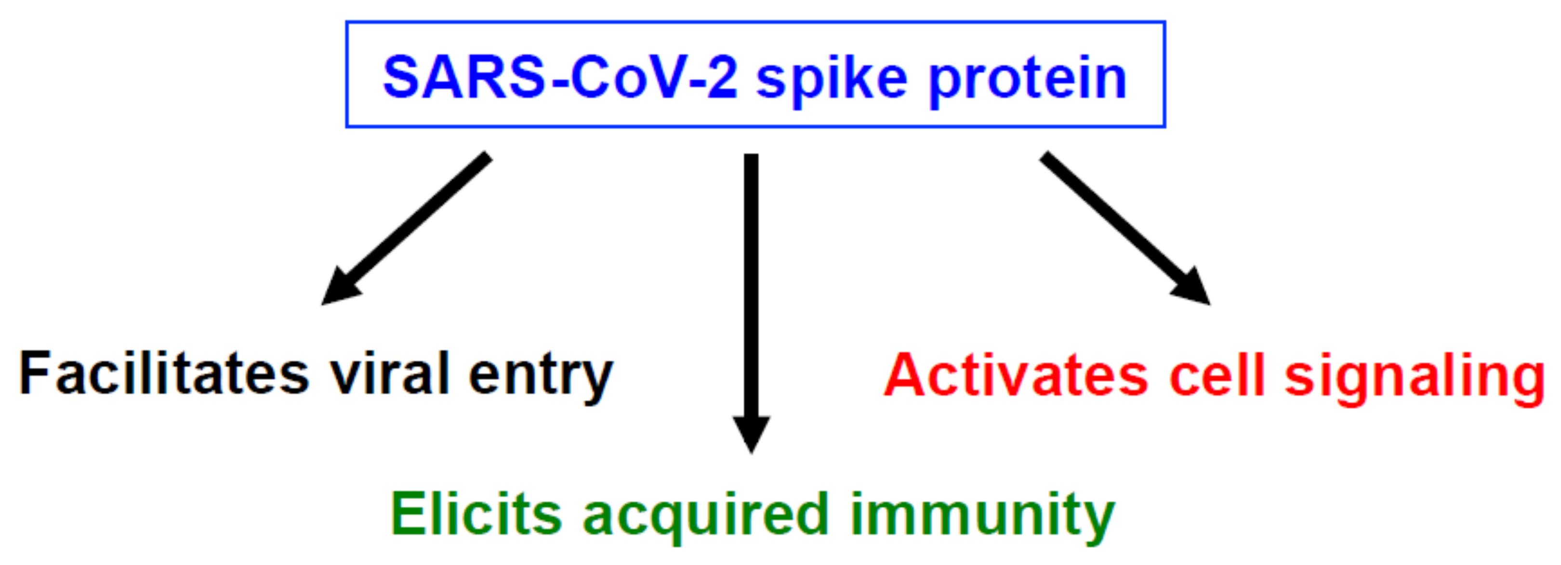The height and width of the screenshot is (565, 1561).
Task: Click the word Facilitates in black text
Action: [x=164, y=374]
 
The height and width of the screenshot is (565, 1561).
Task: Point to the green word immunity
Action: [x=982, y=515]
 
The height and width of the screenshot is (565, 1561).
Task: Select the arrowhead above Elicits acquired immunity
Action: [x=752, y=431]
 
